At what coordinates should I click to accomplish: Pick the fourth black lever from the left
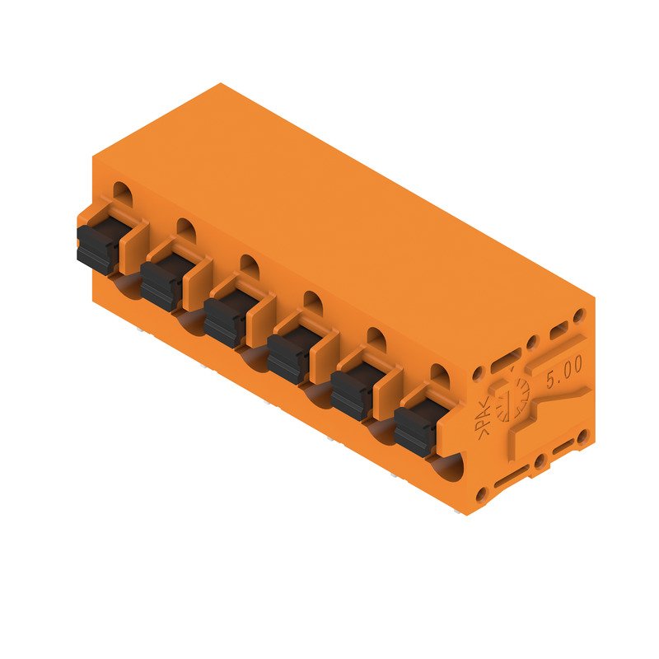tap(287, 356)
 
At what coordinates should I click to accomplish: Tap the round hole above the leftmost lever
tap(121, 192)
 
